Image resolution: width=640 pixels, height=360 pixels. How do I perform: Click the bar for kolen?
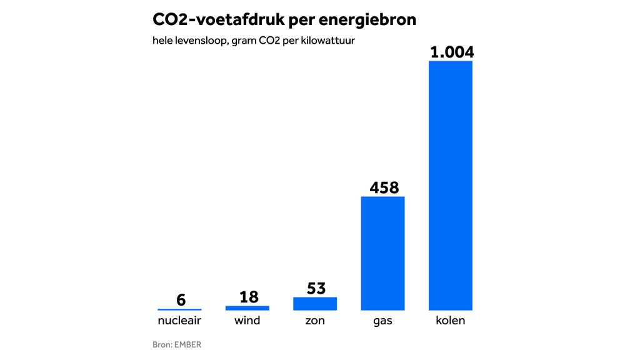click(x=450, y=186)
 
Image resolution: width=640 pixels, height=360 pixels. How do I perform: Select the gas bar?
click(x=383, y=253)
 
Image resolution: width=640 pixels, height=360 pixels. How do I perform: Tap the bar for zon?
click(x=315, y=304)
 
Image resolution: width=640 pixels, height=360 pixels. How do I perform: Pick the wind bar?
click(x=247, y=307)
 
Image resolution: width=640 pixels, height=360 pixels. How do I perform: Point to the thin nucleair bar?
click(x=179, y=309)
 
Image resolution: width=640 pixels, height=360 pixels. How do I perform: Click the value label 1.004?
click(x=452, y=51)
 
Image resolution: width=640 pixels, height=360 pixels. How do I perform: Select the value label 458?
click(x=384, y=187)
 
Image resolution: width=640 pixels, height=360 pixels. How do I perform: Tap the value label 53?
click(x=316, y=289)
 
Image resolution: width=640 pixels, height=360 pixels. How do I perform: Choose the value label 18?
click(x=249, y=297)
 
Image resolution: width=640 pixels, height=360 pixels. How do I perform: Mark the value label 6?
click(x=181, y=300)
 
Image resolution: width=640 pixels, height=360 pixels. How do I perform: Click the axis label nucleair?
click(x=179, y=321)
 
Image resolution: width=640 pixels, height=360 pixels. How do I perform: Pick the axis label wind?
click(x=247, y=321)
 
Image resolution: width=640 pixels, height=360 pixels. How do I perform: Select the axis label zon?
click(x=316, y=321)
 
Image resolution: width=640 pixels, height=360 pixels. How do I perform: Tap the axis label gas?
click(x=383, y=321)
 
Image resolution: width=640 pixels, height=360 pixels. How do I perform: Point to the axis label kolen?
click(x=451, y=321)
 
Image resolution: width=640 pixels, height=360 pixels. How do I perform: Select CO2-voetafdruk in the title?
click(x=216, y=20)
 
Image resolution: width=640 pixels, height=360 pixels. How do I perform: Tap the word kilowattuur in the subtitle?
click(x=334, y=41)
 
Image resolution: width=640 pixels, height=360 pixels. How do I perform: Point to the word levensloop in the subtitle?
click(x=199, y=41)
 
